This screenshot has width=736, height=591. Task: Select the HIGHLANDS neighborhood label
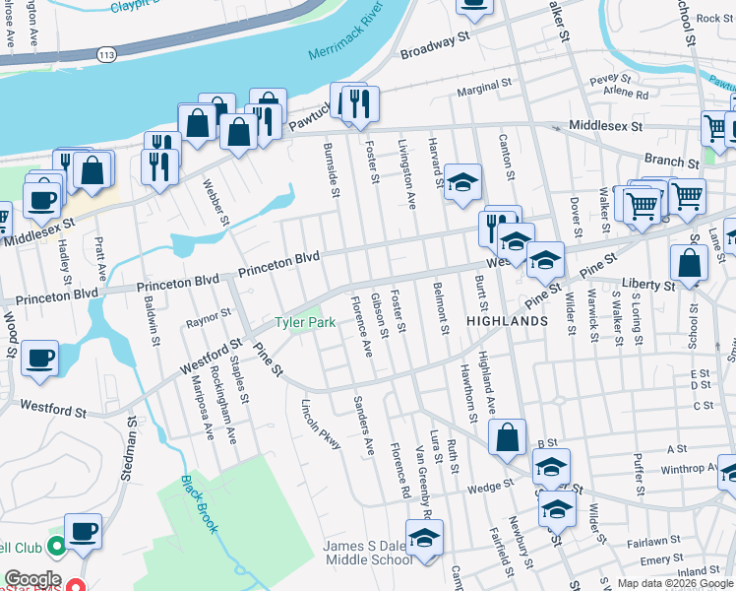pos(507,321)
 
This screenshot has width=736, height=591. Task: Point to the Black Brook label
pos(199,504)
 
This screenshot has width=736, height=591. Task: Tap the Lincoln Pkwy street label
pos(321,425)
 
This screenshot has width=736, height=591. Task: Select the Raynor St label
pos(208,316)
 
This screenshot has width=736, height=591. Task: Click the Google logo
pos(32,579)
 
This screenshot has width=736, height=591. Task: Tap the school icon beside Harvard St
pos(462,182)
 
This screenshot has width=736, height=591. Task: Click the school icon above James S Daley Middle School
pos(424,538)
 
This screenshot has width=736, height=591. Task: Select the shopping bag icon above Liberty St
pos(689,263)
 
